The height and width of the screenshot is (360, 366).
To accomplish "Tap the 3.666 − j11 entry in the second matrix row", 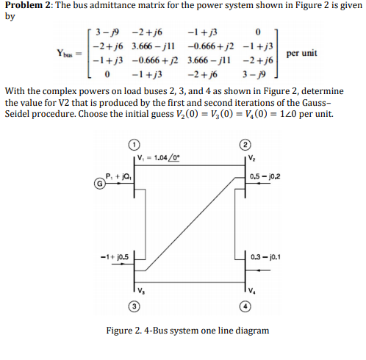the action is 151,46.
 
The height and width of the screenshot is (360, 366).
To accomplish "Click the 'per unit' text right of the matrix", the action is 301,54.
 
